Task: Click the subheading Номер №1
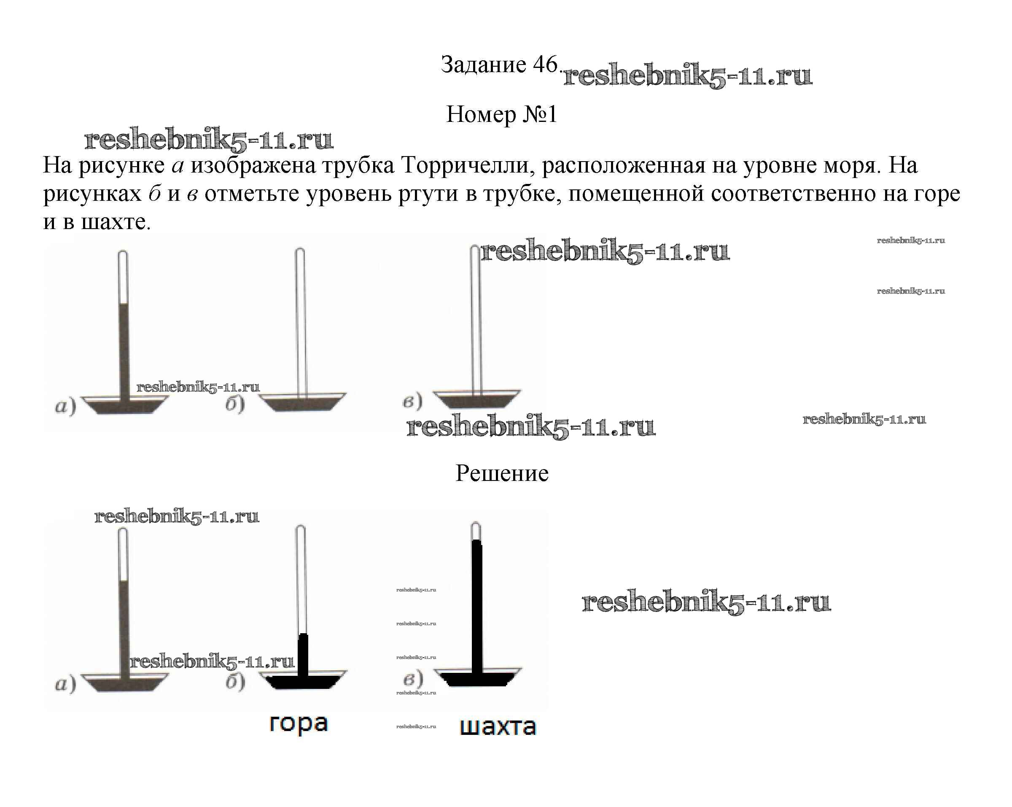(502, 114)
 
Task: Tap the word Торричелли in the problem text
(468, 166)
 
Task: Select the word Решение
(502, 473)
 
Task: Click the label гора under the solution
(299, 723)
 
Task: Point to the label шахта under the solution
(498, 727)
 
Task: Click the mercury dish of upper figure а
(124, 406)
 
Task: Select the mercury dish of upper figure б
(302, 403)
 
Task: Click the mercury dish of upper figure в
(476, 399)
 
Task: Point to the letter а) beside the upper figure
(65, 406)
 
